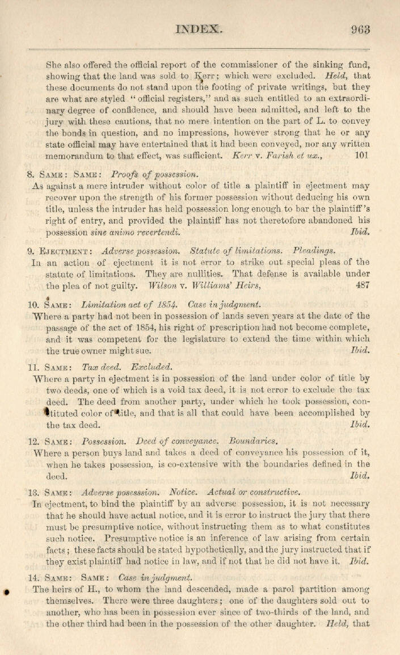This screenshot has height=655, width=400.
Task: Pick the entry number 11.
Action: [x=33, y=367]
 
